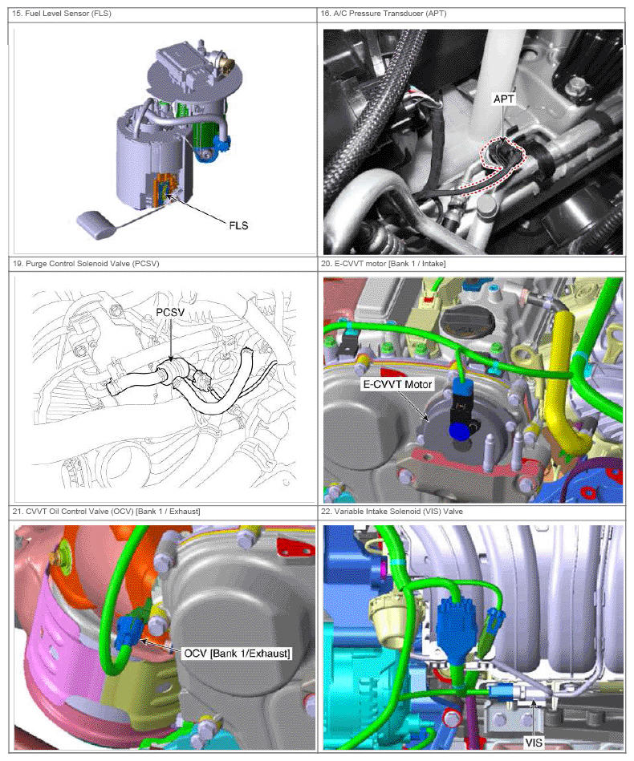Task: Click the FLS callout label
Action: pos(238,225)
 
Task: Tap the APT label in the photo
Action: pos(503,99)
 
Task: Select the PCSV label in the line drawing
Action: pos(170,312)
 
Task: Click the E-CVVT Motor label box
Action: pos(397,384)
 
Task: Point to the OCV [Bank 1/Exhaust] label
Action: pos(237,654)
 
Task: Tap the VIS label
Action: pos(534,742)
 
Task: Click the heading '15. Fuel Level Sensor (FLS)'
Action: pos(62,14)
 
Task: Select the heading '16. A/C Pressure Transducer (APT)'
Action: pos(384,14)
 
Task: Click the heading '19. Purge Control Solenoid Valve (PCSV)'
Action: pos(86,264)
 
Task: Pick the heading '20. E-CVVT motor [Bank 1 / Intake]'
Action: pos(383,264)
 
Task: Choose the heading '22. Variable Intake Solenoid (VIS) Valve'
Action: pos(392,511)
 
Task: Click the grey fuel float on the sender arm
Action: pos(96,225)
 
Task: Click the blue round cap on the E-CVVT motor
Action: pos(459,431)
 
